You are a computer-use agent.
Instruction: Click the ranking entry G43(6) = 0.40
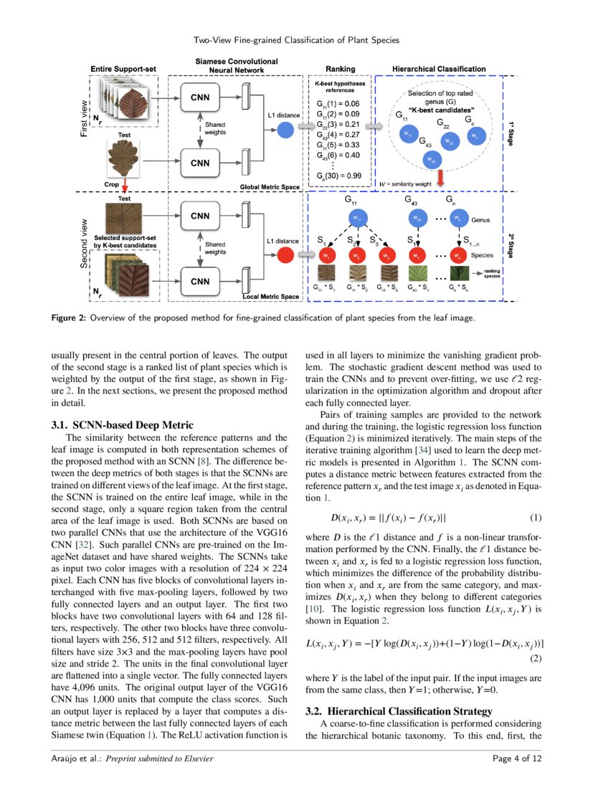pyautogui.click(x=338, y=155)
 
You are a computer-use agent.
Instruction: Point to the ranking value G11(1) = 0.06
pyautogui.click(x=338, y=103)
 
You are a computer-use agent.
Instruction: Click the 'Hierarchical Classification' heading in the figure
pyautogui.click(x=438, y=70)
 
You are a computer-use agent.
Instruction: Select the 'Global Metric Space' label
pyautogui.click(x=270, y=186)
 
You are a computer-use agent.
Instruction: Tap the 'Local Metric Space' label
pyautogui.click(x=272, y=296)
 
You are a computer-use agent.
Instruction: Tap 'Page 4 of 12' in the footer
pyautogui.click(x=516, y=758)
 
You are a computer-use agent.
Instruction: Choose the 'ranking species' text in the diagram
pyautogui.click(x=492, y=273)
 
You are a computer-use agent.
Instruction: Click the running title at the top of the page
pyautogui.click(x=296, y=40)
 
